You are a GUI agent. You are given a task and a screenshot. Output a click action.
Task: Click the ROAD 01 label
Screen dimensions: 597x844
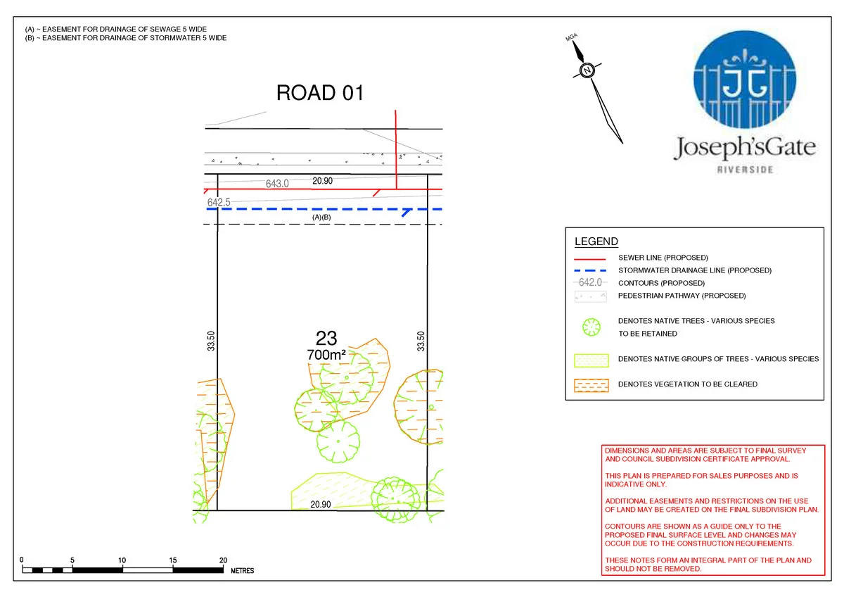[320, 93]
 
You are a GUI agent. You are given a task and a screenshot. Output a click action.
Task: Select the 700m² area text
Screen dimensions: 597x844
[326, 356]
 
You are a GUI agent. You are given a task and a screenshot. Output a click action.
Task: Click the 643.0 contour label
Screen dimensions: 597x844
[277, 184]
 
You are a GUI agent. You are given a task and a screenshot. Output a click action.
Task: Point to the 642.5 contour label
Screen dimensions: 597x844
[219, 202]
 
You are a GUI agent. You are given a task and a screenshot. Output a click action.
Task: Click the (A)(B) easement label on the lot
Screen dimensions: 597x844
[321, 218]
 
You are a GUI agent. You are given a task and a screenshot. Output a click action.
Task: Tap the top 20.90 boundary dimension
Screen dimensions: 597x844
[322, 181]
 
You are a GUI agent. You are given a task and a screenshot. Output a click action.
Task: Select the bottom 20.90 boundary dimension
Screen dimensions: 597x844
[321, 504]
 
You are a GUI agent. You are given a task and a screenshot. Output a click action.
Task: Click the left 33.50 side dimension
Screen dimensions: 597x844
[210, 341]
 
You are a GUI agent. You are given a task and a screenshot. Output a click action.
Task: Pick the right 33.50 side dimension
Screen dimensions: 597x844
[421, 341]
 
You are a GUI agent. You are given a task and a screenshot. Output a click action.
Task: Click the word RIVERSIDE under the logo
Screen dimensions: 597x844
[745, 170]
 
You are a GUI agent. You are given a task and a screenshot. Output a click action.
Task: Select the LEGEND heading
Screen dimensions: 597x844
[596, 242]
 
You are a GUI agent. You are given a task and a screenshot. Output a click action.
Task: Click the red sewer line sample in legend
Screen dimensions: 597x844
[590, 258]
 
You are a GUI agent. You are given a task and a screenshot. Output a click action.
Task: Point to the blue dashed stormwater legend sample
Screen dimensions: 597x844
[590, 270]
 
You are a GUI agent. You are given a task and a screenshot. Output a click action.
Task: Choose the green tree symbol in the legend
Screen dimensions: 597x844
[591, 327]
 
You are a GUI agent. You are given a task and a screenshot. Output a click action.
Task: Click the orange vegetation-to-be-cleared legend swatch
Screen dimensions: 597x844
[591, 384]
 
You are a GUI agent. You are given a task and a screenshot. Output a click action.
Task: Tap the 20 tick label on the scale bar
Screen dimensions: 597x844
[223, 560]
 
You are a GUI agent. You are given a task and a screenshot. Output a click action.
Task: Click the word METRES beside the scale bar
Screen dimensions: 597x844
[243, 570]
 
